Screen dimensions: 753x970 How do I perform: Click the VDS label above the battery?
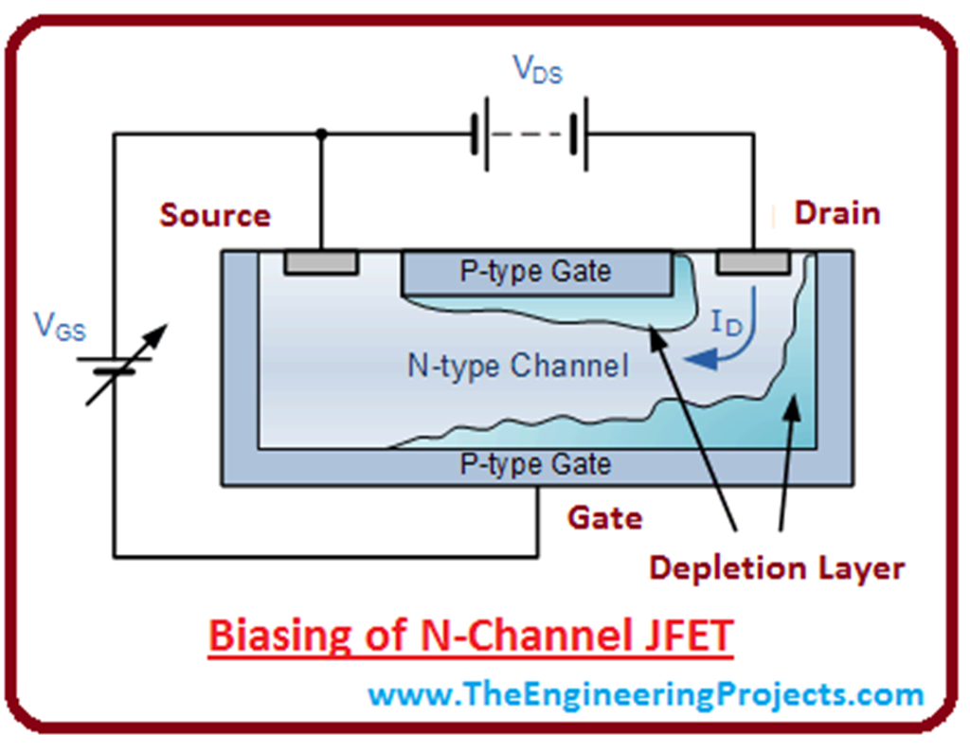coord(537,70)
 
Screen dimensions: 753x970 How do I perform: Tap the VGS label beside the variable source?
coord(60,327)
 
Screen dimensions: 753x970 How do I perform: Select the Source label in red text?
coord(215,215)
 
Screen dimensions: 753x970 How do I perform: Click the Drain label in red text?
coord(836,213)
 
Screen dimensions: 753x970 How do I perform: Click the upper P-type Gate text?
coord(535,272)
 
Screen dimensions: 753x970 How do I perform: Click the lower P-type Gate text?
coord(535,464)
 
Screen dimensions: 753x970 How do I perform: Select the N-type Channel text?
coord(517,366)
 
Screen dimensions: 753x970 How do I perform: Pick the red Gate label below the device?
coord(604,518)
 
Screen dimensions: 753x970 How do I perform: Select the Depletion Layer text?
coord(776,568)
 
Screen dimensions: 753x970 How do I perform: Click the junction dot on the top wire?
coord(321,134)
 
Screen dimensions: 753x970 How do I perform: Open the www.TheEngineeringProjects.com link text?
coord(645,694)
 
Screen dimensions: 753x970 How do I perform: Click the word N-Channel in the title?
coord(501,635)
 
